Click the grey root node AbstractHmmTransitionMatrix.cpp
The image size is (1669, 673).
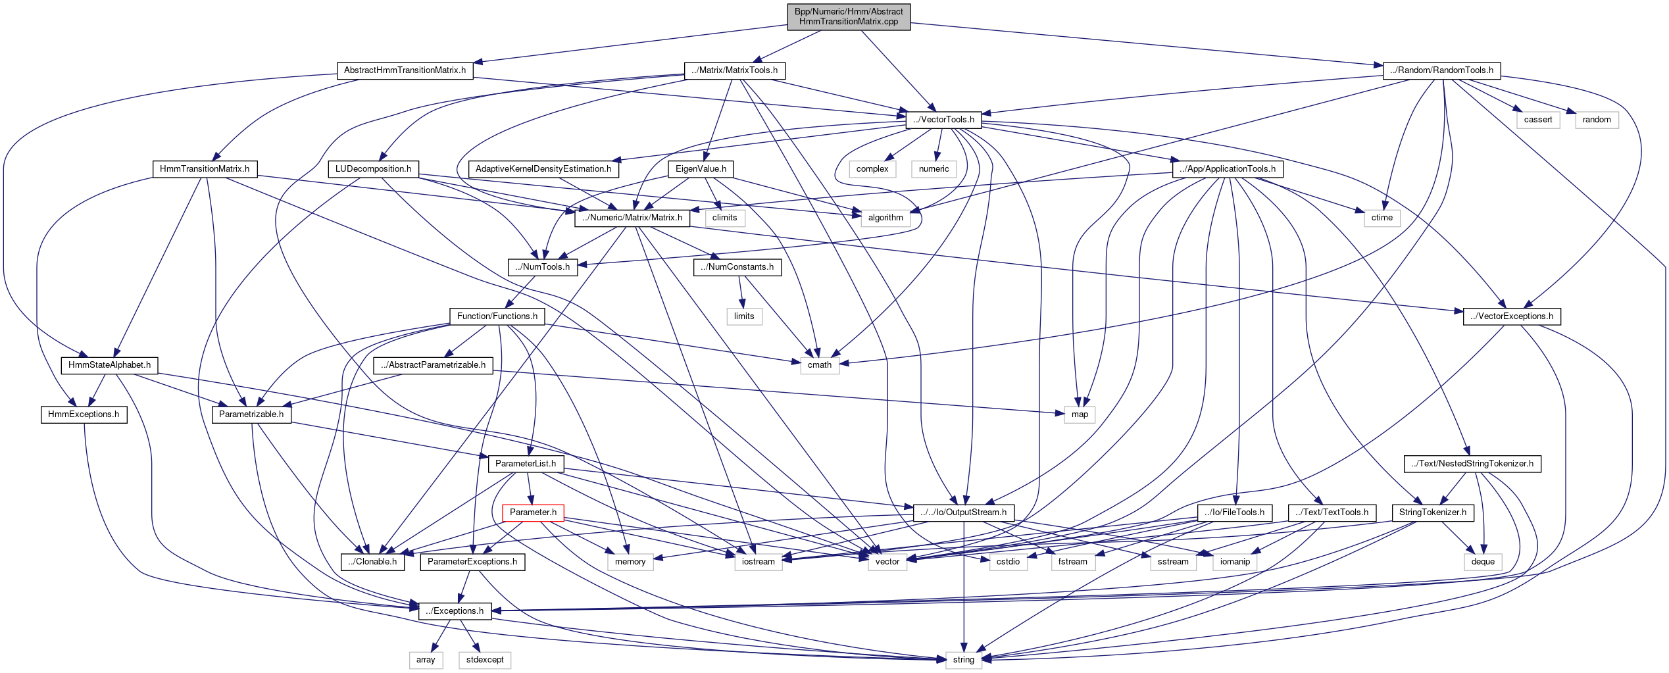pos(848,16)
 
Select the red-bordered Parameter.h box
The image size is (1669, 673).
pos(533,512)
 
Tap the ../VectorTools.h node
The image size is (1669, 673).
pos(943,120)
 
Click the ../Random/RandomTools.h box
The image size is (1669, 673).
pos(1441,70)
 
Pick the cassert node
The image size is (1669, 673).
pos(1537,120)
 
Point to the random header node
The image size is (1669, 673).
pos(1597,120)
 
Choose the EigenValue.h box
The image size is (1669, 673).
pos(701,169)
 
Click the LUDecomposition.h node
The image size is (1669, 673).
pos(373,169)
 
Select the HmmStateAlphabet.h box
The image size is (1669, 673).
pos(109,365)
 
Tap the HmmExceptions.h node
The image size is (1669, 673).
pos(84,414)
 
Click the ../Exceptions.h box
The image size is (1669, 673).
pos(455,611)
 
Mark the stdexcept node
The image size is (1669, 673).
pos(485,660)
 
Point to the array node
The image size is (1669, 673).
pos(426,660)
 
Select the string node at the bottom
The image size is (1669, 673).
pos(963,660)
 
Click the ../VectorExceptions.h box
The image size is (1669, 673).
pos(1512,316)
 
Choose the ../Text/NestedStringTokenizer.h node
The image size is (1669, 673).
pos(1472,464)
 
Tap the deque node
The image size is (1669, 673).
pos(1483,562)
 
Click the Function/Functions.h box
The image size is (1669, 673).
pos(497,316)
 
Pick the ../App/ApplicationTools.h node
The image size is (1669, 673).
pos(1228,169)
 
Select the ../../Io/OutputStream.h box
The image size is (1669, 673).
pos(963,512)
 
